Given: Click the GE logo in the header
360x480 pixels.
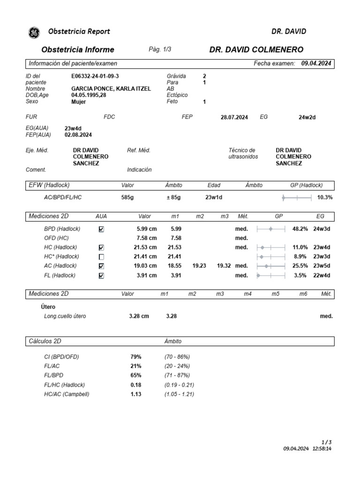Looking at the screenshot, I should point(34,32).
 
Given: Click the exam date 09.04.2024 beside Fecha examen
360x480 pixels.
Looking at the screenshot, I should point(316,63).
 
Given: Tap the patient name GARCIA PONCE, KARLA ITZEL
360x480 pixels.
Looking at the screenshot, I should point(111,89).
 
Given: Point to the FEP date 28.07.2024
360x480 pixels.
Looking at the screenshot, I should point(234,118).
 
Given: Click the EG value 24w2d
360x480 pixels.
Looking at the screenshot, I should point(307,118).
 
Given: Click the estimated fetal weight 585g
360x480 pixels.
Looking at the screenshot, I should point(127,198).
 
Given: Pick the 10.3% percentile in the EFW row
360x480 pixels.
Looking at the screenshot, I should point(325,198).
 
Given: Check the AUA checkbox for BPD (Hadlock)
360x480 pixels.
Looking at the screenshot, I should point(102,229).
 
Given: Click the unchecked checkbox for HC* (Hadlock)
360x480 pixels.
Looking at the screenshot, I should point(102,257).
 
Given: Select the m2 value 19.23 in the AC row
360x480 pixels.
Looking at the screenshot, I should point(199,266).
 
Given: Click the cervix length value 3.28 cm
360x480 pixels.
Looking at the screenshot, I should point(139,316).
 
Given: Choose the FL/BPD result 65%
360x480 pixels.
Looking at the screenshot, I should point(136,375).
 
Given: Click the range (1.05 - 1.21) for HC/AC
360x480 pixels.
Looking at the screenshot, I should point(179,394).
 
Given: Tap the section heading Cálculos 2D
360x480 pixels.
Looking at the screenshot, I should point(45,341).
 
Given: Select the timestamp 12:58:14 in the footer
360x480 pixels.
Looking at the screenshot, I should point(322,449).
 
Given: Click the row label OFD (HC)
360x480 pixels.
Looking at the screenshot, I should point(57,238).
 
